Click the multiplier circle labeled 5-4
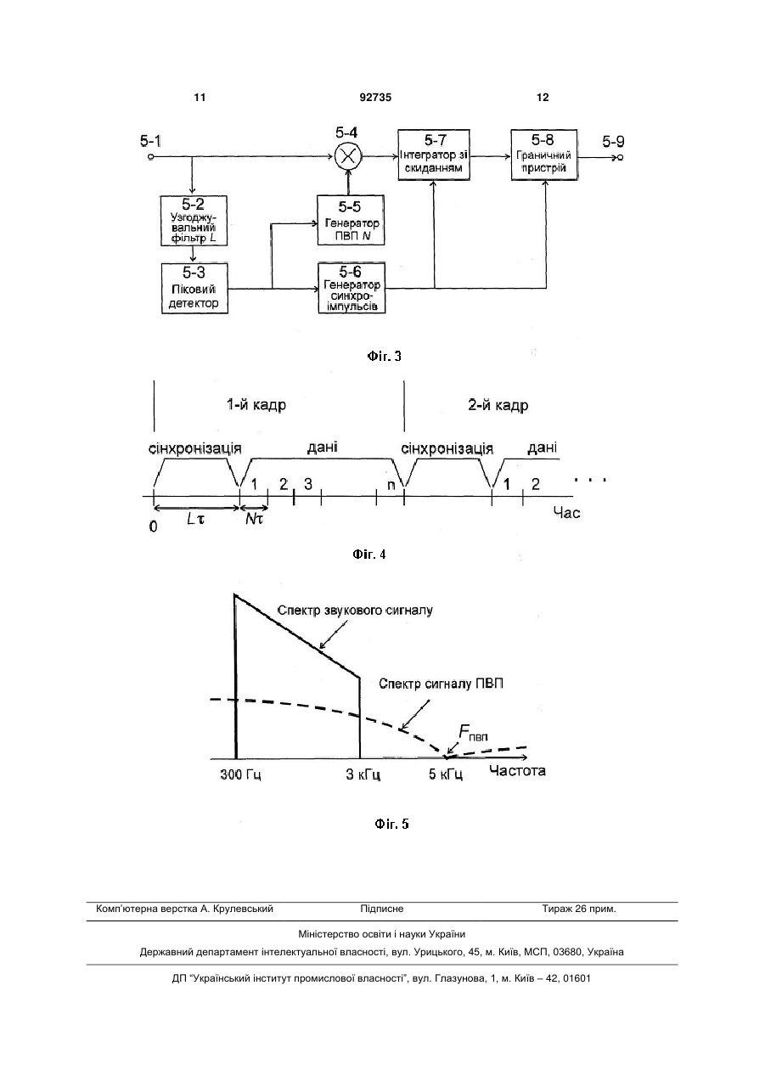(x=347, y=156)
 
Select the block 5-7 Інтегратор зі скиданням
(x=434, y=155)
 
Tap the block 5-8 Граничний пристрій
(x=544, y=155)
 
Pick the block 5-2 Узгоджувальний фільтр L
(x=194, y=221)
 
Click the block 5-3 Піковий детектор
(x=194, y=288)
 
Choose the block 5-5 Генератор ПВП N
(x=351, y=220)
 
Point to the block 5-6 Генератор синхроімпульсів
(x=352, y=288)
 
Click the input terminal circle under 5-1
(x=150, y=157)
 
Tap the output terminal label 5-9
(x=613, y=142)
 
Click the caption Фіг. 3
(x=384, y=357)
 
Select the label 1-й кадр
(x=256, y=404)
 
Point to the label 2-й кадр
(x=498, y=405)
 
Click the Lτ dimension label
(x=195, y=519)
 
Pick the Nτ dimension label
(x=254, y=519)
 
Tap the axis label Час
(x=566, y=513)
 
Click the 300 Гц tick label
(x=240, y=775)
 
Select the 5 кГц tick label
(x=446, y=775)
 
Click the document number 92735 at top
(x=375, y=98)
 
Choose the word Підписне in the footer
(x=382, y=909)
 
